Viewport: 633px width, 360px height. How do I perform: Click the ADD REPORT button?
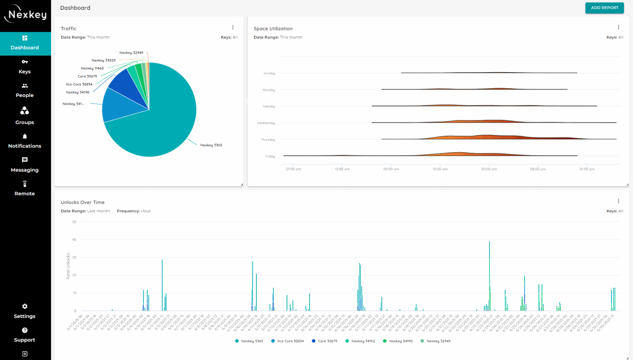click(604, 8)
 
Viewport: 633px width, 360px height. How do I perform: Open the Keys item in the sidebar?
click(25, 67)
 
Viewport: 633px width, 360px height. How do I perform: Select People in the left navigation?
click(25, 90)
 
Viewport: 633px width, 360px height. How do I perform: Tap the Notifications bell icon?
click(25, 136)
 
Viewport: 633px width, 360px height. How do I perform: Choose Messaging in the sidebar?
click(25, 165)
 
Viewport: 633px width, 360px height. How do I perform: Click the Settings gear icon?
click(25, 306)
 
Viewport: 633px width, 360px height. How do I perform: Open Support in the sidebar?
click(25, 335)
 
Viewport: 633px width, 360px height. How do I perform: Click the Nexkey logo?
click(26, 14)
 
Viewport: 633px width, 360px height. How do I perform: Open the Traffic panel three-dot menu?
click(233, 28)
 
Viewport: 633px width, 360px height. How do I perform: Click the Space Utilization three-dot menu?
click(618, 28)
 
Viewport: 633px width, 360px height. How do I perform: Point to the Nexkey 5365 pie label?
click(211, 145)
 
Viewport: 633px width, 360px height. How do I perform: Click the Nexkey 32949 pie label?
click(131, 53)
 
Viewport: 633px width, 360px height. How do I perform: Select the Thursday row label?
click(268, 140)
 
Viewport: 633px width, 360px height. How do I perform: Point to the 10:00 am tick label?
click(440, 169)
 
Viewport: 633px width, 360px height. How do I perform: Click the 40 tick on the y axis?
click(74, 240)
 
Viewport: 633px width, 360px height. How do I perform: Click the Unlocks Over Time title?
click(82, 202)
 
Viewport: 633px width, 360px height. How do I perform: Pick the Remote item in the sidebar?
click(25, 188)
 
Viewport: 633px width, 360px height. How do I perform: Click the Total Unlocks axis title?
click(68, 266)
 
